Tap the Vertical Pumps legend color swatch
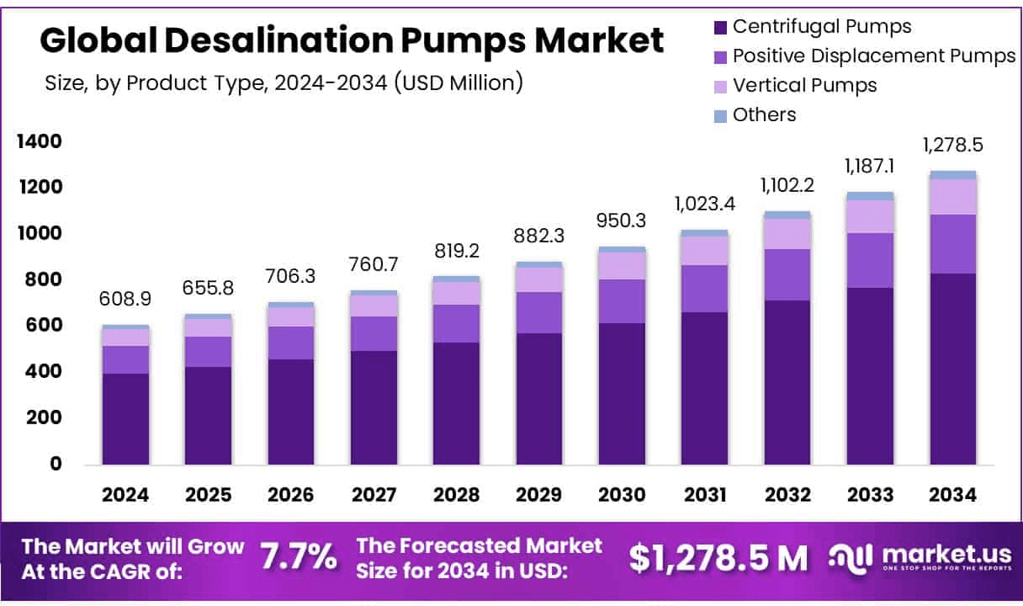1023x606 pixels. [x=720, y=86]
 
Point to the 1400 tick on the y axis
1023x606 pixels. [x=40, y=141]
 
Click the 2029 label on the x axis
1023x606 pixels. [x=539, y=495]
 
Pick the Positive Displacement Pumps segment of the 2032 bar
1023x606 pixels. [x=787, y=274]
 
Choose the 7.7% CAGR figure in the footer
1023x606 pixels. [x=299, y=556]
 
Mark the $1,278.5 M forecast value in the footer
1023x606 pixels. [x=718, y=556]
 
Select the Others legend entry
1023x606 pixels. [x=764, y=114]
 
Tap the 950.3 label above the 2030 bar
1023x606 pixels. [x=622, y=221]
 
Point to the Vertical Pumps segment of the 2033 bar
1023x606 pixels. [x=871, y=216]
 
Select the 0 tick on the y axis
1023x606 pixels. [x=56, y=464]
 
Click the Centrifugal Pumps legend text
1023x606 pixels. [x=821, y=26]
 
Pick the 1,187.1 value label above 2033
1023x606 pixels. [x=871, y=166]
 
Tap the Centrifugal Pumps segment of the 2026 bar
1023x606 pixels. [x=291, y=412]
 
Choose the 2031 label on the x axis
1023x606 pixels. [x=705, y=495]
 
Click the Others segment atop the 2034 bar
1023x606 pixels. [x=953, y=175]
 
